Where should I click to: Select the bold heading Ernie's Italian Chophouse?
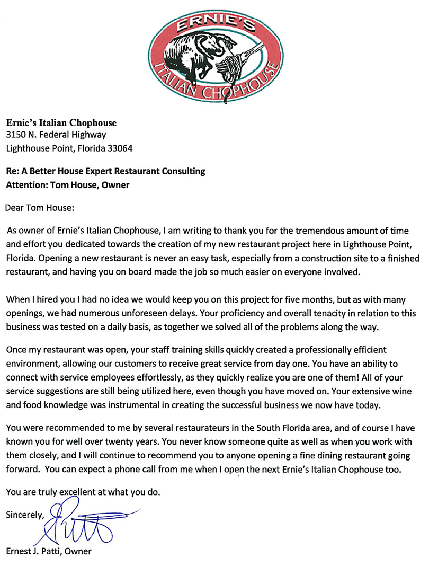coord(61,123)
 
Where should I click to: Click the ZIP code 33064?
coord(119,148)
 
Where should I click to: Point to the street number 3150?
coord(17,135)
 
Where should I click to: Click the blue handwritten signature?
coord(90,525)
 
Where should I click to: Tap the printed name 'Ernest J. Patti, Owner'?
coord(49,552)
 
